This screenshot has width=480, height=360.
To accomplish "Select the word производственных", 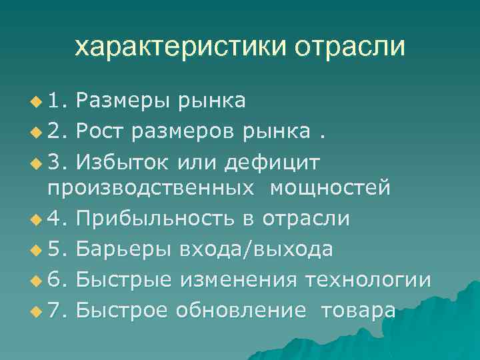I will click(151, 188).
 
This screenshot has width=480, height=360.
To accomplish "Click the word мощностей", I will click(330, 188).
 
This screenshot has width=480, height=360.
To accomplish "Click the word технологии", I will click(367, 280).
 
